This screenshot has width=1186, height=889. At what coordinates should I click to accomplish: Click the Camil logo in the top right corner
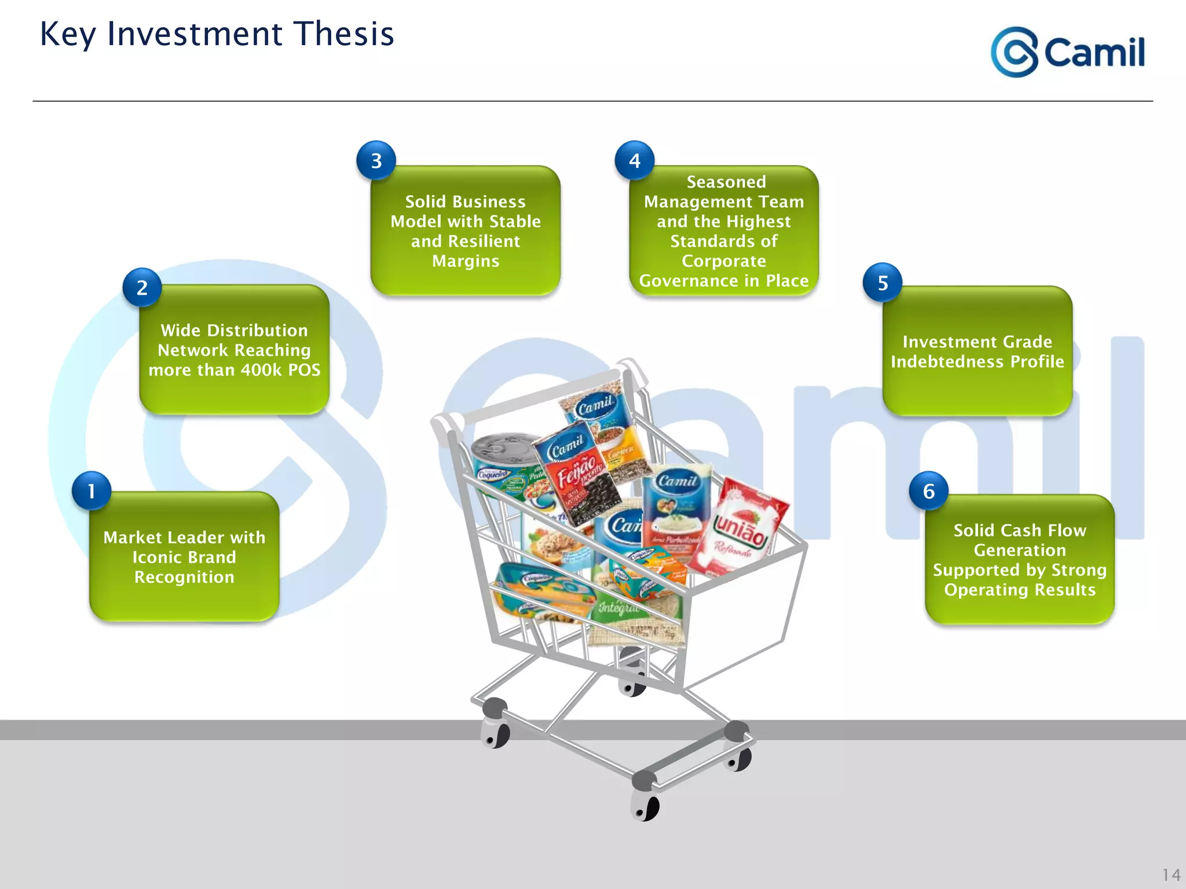coord(1067,52)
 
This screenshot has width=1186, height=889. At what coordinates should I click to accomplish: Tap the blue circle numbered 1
coord(91,491)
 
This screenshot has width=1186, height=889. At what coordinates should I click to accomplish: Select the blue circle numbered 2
coord(142,288)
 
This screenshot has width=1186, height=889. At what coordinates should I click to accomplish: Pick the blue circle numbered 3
coord(376,160)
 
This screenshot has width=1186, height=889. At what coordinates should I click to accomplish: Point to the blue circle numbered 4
coord(635,160)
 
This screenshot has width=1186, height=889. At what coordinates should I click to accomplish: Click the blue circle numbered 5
coord(883,282)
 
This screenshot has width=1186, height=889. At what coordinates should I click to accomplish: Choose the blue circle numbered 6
coord(929,491)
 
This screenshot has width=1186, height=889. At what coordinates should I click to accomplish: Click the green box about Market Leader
coord(184,557)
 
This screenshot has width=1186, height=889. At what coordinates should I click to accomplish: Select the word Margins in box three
coord(466,261)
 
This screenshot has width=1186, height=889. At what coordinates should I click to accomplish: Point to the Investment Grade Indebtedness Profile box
coord(978,351)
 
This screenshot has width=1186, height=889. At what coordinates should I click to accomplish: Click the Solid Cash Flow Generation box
coord(1020,560)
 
